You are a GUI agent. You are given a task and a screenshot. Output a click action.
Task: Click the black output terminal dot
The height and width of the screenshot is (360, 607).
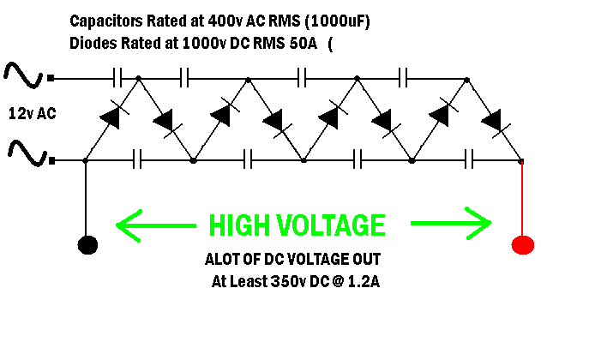click(x=87, y=245)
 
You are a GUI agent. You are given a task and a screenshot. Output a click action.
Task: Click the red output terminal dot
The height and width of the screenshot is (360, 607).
click(x=522, y=245)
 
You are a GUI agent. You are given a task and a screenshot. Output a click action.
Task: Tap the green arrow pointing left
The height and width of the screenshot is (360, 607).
click(x=153, y=225)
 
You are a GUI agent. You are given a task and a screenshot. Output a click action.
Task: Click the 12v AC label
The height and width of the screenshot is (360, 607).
click(x=33, y=112)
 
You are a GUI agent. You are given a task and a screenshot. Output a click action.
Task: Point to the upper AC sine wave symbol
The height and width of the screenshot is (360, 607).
click(x=24, y=76)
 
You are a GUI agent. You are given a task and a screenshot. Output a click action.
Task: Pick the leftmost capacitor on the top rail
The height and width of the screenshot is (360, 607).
click(x=120, y=79)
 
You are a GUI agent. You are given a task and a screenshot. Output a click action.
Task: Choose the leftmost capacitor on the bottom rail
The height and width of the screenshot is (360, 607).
click(x=137, y=159)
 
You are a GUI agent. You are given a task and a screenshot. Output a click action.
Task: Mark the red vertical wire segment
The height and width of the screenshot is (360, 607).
click(x=522, y=197)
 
